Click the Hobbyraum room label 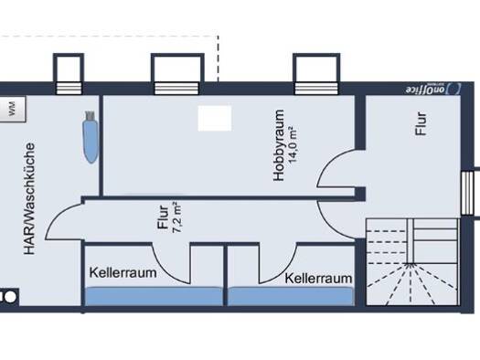pos(279,145)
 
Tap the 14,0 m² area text pos(293,144)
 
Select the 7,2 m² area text pos(177,217)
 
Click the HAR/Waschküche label pos(29,198)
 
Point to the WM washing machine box pos(12,110)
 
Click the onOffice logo pos(432,89)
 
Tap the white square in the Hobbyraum pos(215,119)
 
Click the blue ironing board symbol pos(91,137)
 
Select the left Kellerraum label pos(123,272)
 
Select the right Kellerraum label pos(318,279)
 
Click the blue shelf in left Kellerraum pos(154,296)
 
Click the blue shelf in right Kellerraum pos(291,296)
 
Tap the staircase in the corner pos(412,261)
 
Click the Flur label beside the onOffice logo pos(421,123)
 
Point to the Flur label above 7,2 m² pos(163,217)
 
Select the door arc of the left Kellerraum pos(166,270)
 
